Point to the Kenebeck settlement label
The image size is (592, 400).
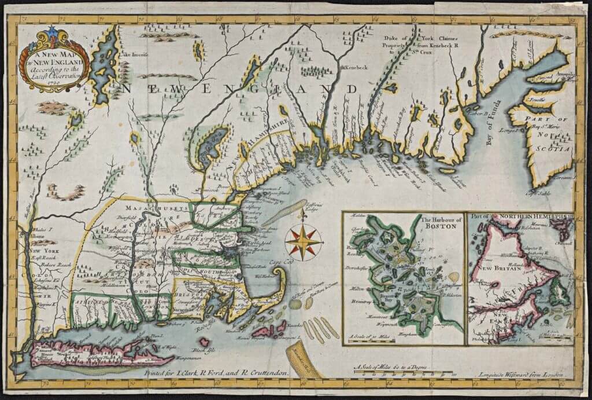(x=357, y=68)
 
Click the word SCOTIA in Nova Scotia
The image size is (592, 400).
(x=556, y=148)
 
